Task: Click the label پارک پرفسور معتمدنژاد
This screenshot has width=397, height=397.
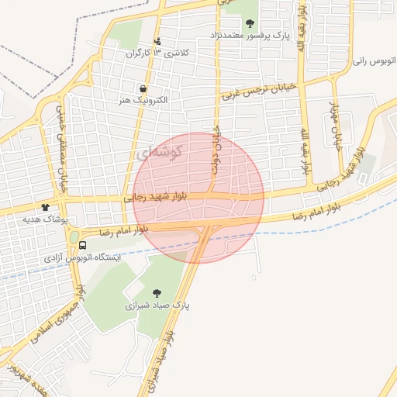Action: pos(248,35)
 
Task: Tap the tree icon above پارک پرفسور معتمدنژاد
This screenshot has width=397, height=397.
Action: pos(249,22)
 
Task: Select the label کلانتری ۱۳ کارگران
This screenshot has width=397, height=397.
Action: pos(157,54)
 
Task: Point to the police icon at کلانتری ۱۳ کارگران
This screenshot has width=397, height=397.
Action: pos(158,41)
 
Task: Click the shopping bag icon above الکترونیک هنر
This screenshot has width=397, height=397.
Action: pos(143,88)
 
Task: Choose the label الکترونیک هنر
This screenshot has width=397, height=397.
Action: pos(143,101)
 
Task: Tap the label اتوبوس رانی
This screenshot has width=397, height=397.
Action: pos(369,60)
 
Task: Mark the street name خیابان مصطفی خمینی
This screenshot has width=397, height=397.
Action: pos(58,147)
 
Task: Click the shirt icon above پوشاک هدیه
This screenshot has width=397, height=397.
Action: pos(44,207)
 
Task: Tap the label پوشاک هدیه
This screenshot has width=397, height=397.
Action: pos(41,219)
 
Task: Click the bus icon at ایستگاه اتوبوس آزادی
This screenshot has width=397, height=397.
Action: pos(83,246)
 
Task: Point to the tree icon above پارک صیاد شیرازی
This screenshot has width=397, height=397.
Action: pos(157,293)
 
